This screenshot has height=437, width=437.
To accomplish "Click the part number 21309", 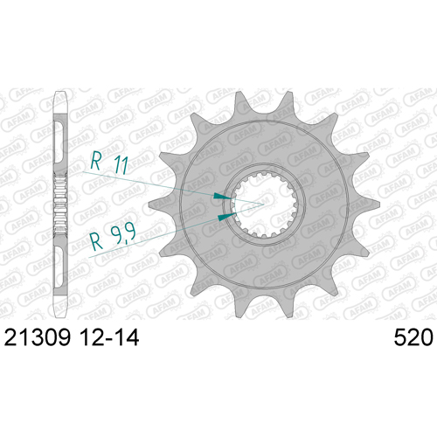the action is pyautogui.click(x=38, y=337).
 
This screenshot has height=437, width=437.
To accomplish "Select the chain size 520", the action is pyautogui.click(x=413, y=337).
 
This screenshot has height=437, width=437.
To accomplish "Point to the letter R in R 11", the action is pyautogui.click(x=96, y=160).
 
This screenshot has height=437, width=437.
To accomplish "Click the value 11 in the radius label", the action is pyautogui.click(x=121, y=165).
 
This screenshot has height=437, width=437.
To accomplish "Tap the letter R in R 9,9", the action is pyautogui.click(x=97, y=241).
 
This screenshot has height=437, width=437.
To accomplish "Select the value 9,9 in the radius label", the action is pyautogui.click(x=123, y=234).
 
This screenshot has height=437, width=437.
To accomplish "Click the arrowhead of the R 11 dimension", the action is pyautogui.click(x=223, y=196).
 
